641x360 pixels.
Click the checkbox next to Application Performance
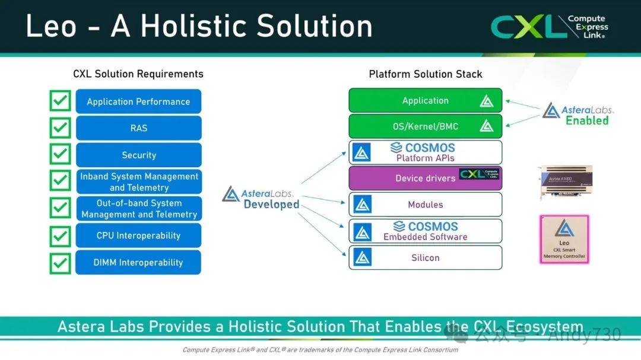point(60,101)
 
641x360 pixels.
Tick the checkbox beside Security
point(60,154)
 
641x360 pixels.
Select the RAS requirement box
point(138,128)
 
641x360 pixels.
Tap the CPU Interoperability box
point(138,235)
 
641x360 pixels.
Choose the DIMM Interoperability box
point(138,262)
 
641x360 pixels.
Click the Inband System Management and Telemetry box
point(138,181)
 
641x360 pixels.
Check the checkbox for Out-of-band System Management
point(60,208)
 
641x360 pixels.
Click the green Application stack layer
point(425,101)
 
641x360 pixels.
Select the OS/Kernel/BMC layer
point(425,126)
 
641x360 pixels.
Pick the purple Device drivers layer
point(425,178)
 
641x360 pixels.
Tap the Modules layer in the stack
point(425,205)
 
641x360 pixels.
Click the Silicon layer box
point(425,258)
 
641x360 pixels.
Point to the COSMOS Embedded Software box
point(425,231)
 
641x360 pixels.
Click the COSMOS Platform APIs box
point(425,152)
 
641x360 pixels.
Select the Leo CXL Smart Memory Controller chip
point(564,239)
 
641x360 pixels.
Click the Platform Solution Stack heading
point(425,74)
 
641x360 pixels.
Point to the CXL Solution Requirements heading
point(138,74)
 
